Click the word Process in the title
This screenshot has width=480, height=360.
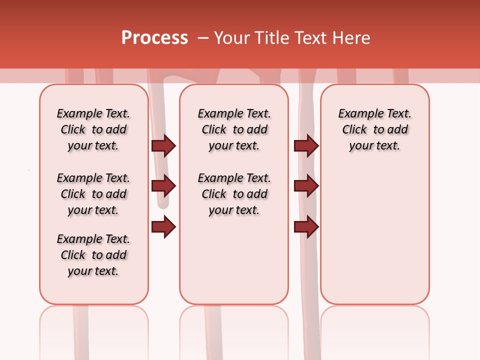[x=154, y=38]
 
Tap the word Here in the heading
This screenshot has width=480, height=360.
[x=352, y=38]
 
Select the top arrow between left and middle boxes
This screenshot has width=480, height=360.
[x=163, y=145]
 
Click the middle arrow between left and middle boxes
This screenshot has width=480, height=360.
[x=163, y=186]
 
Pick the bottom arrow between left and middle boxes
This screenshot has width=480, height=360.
[x=163, y=227]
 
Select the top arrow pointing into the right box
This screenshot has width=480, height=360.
[x=306, y=145]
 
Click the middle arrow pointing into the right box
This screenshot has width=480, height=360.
[x=306, y=186]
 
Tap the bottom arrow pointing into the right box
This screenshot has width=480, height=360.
[x=306, y=227]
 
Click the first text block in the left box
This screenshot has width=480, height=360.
[x=93, y=129]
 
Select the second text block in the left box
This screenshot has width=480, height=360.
[x=93, y=194]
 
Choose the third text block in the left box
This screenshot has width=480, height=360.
[x=93, y=255]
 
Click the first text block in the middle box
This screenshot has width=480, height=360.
[x=234, y=129]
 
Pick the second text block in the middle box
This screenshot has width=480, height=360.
[x=234, y=194]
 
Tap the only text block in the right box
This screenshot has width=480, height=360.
[x=375, y=129]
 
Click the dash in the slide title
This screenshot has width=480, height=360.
[x=203, y=38]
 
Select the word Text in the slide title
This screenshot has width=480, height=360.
[x=310, y=38]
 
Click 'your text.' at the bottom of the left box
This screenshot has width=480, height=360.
[x=93, y=271]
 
